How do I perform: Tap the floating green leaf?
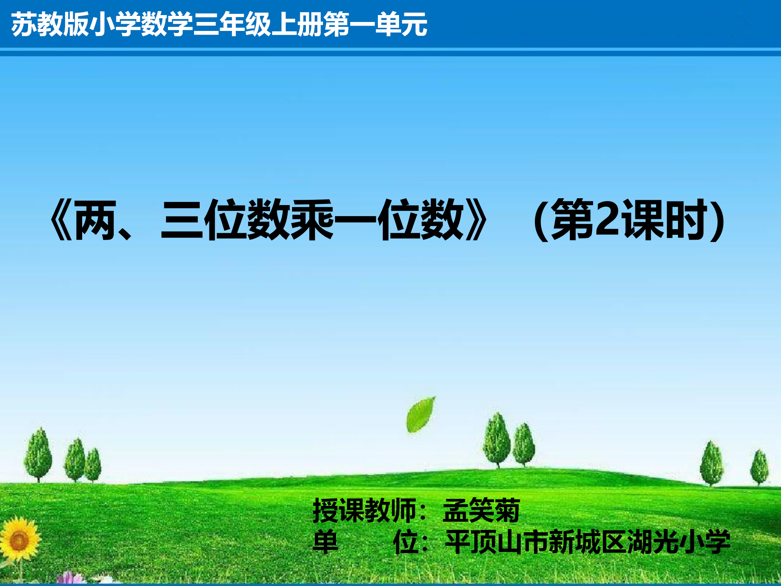[420, 414]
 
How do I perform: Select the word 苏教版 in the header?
[50, 24]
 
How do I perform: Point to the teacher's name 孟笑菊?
[481, 510]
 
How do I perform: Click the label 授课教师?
[364, 510]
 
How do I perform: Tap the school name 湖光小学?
[678, 542]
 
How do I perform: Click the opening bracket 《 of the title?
[61, 220]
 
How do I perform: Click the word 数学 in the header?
[166, 24]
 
